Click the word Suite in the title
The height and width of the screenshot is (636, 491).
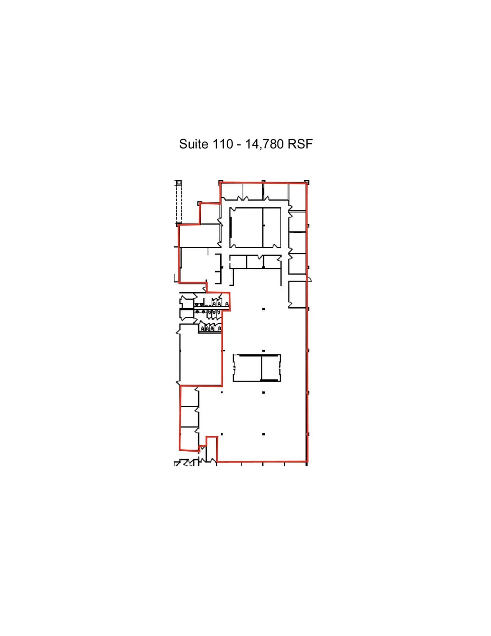tap(194, 144)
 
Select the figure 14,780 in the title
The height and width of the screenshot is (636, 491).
tap(264, 144)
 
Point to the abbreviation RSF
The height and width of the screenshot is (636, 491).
tap(300, 144)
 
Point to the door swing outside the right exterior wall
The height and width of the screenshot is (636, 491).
tap(309, 279)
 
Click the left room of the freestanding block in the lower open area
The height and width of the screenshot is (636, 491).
tap(247, 368)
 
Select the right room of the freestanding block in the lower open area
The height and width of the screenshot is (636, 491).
tap(271, 368)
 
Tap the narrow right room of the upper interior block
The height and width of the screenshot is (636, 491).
tap(272, 227)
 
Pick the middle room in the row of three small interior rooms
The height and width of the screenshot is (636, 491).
tap(255, 262)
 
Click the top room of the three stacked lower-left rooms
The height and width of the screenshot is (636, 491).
tap(189, 396)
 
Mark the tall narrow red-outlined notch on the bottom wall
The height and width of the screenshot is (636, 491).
tap(211, 449)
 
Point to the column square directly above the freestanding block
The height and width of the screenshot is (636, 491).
tap(264, 351)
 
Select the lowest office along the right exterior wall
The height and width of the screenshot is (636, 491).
tap(297, 294)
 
